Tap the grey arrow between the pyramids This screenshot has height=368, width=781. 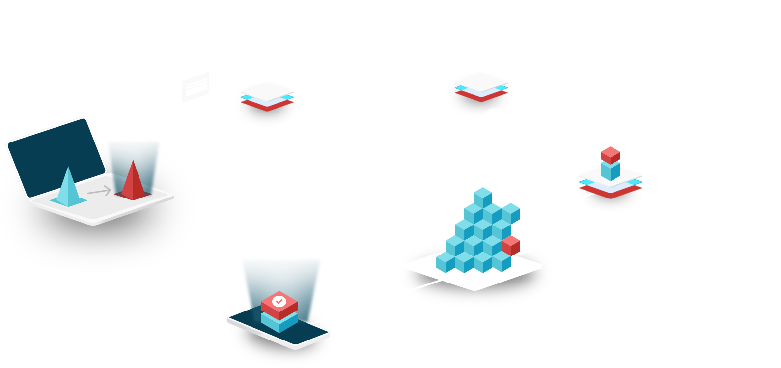click(99, 191)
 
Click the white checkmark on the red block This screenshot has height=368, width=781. click(279, 300)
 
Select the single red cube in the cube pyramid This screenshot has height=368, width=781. click(511, 244)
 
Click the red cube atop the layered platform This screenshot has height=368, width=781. click(611, 154)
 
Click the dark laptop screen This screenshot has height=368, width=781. click(54, 152)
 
